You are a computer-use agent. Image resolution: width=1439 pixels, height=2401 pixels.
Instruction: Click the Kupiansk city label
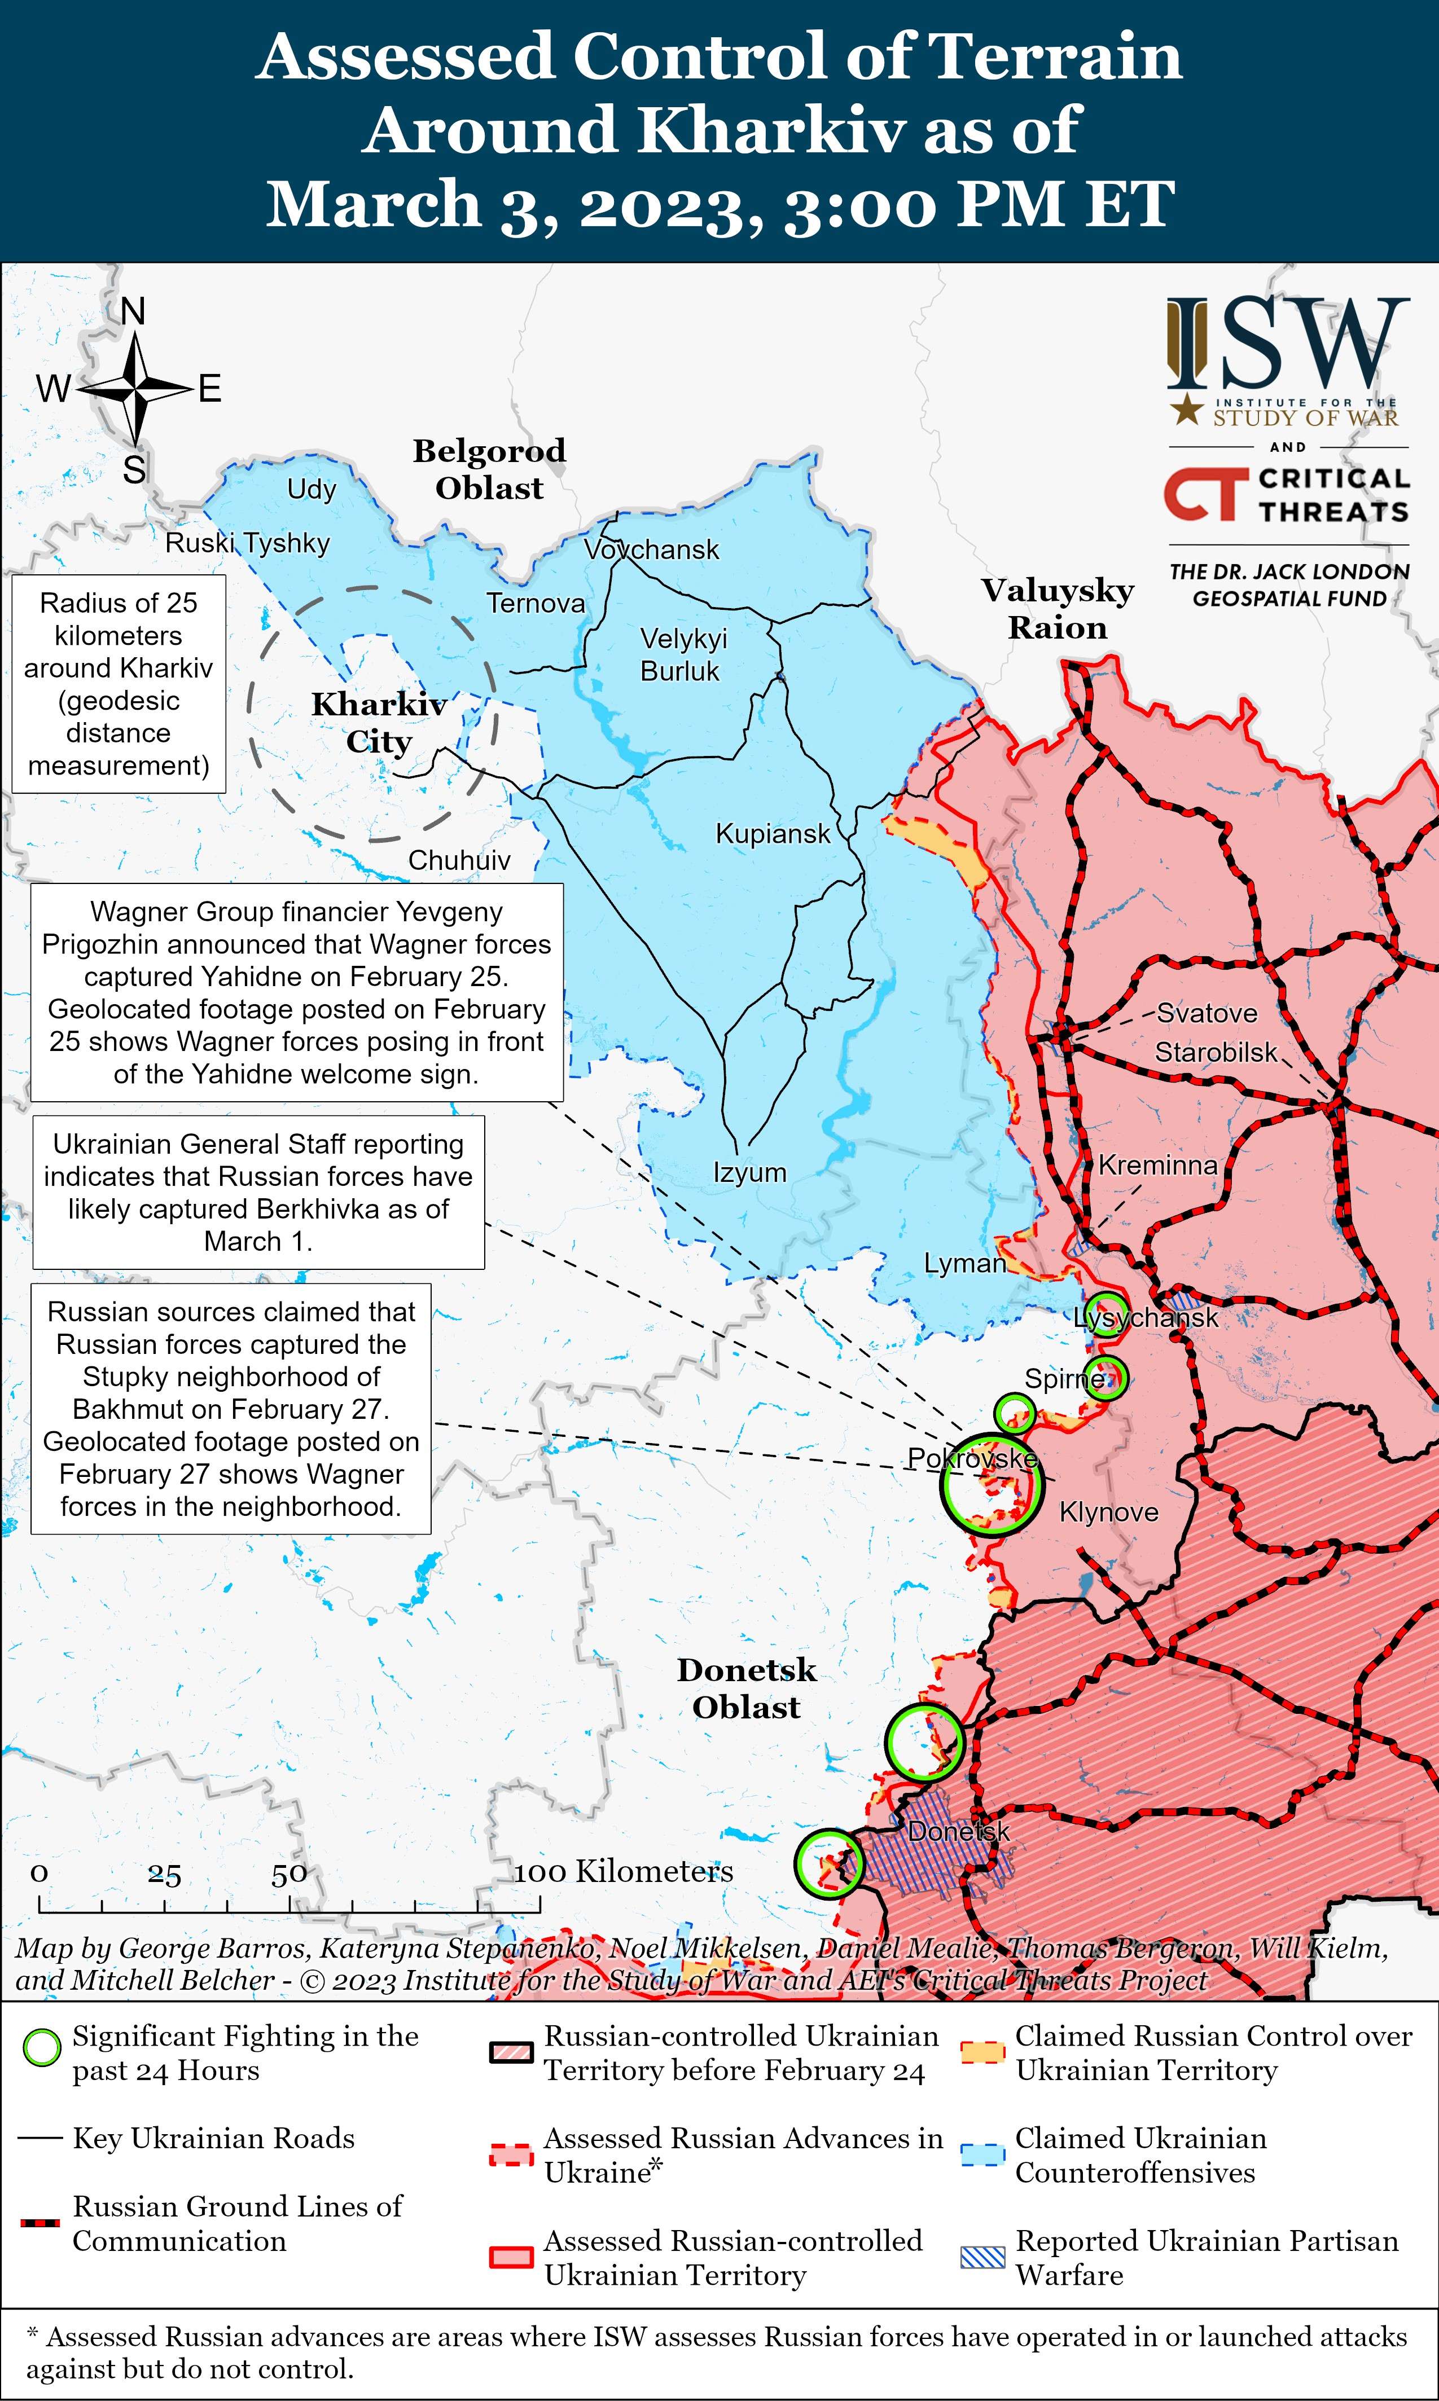pos(773,834)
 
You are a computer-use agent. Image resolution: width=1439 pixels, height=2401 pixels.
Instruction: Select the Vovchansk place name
pos(652,549)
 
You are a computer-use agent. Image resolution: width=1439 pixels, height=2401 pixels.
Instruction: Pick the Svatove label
pos(1207,1013)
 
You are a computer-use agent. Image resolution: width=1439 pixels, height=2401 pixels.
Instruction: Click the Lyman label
pos(964,1263)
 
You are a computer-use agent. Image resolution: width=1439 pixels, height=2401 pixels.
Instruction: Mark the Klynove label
pos(1108,1512)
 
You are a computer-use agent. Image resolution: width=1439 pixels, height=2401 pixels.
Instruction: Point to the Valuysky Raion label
pos(1057,609)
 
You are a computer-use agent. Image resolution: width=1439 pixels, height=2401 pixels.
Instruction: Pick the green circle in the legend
pos(42,2048)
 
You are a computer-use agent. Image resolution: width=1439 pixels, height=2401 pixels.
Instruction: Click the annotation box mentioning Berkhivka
pos(258,1192)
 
